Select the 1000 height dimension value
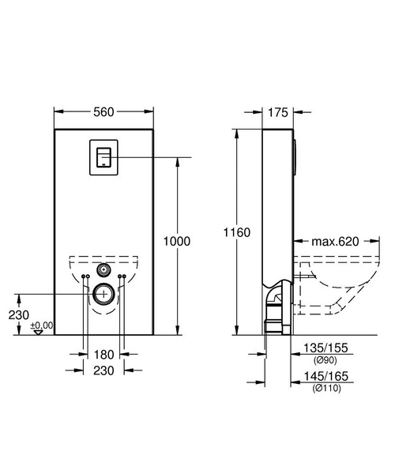178,243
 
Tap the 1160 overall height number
238,232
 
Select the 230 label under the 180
103,369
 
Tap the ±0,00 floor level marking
41,325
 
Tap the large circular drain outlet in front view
103,295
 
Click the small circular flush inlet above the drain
103,267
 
